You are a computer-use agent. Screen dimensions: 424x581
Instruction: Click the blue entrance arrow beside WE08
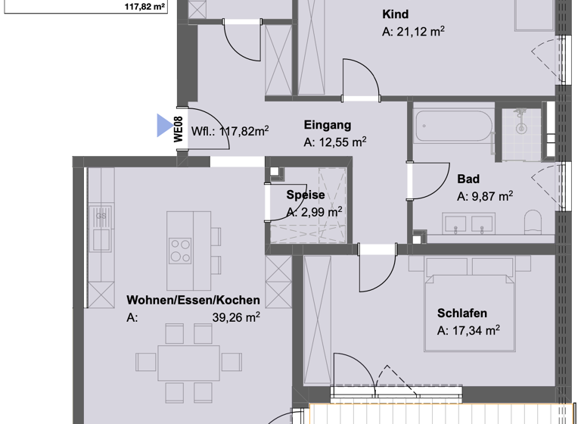[x=164, y=126]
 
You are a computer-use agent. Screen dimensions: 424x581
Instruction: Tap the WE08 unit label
[x=179, y=129]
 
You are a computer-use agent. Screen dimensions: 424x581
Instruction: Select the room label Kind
[x=396, y=14]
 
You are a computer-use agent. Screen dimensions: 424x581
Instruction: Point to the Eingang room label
[x=327, y=125]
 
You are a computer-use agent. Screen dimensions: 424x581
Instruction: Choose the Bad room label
[x=468, y=179]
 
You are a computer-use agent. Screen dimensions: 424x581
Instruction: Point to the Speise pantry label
[x=305, y=195]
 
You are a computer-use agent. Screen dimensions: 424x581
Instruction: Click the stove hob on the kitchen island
[x=180, y=250]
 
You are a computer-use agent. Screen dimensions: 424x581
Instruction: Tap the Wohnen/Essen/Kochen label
[x=193, y=300]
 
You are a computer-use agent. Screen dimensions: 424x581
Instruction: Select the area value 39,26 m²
[x=235, y=318]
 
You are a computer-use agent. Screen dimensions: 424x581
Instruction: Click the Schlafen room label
[x=461, y=313]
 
